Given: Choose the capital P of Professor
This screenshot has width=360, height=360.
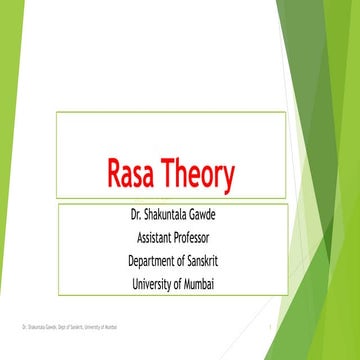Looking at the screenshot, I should [186, 239].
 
